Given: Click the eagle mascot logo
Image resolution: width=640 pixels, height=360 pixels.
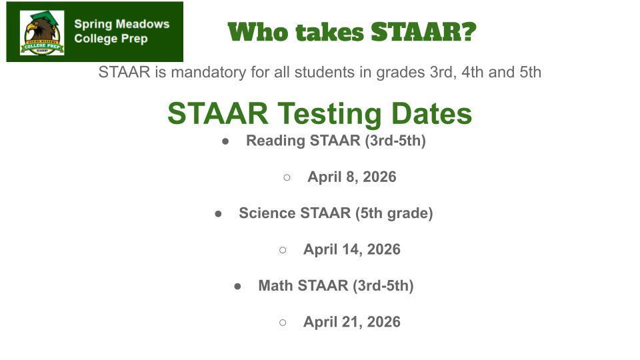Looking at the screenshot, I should (42, 32).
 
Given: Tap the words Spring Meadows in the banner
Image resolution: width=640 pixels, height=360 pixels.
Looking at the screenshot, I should (121, 24).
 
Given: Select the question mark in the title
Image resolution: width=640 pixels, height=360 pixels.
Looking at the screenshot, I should (469, 31).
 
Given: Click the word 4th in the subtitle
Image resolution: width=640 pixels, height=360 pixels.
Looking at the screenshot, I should (472, 72).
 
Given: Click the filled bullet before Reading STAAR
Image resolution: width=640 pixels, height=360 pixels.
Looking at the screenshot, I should (225, 141).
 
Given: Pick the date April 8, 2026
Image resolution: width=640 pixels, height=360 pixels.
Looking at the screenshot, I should (352, 177).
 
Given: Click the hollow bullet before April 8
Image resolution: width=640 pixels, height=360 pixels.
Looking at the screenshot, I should (287, 177).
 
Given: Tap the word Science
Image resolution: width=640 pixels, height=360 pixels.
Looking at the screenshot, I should (267, 213).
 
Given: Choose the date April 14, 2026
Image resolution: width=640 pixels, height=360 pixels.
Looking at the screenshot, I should (352, 249).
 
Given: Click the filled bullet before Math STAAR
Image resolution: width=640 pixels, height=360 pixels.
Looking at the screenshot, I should (237, 286).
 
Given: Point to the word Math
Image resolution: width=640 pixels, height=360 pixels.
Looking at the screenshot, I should (275, 286).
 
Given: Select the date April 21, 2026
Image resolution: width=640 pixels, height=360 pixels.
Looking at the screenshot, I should (352, 322).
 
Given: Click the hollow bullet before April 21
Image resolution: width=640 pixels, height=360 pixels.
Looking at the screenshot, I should (283, 322).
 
